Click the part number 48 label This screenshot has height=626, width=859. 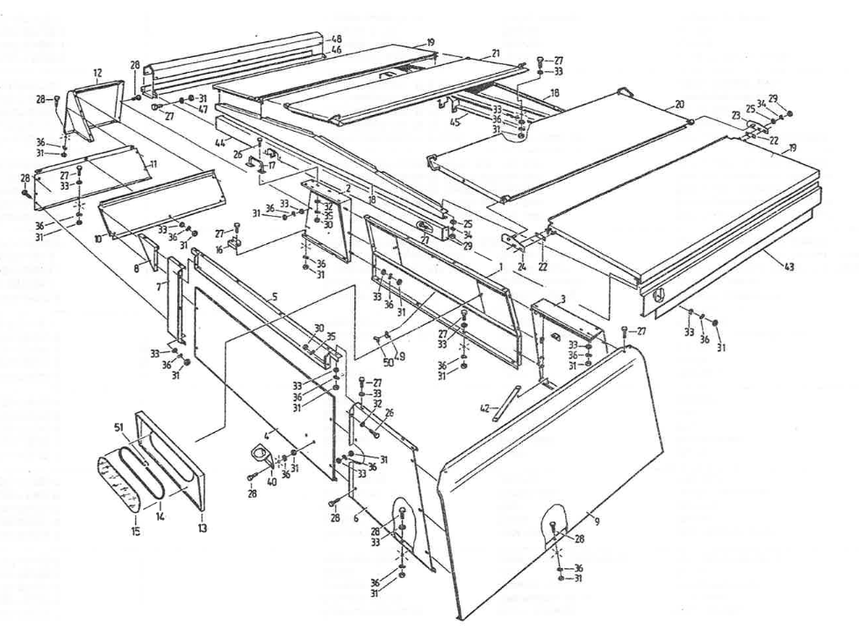(x=337, y=40)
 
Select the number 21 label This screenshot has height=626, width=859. (x=496, y=54)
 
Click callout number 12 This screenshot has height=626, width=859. (x=97, y=73)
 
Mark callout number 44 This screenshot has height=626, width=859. (x=220, y=141)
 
